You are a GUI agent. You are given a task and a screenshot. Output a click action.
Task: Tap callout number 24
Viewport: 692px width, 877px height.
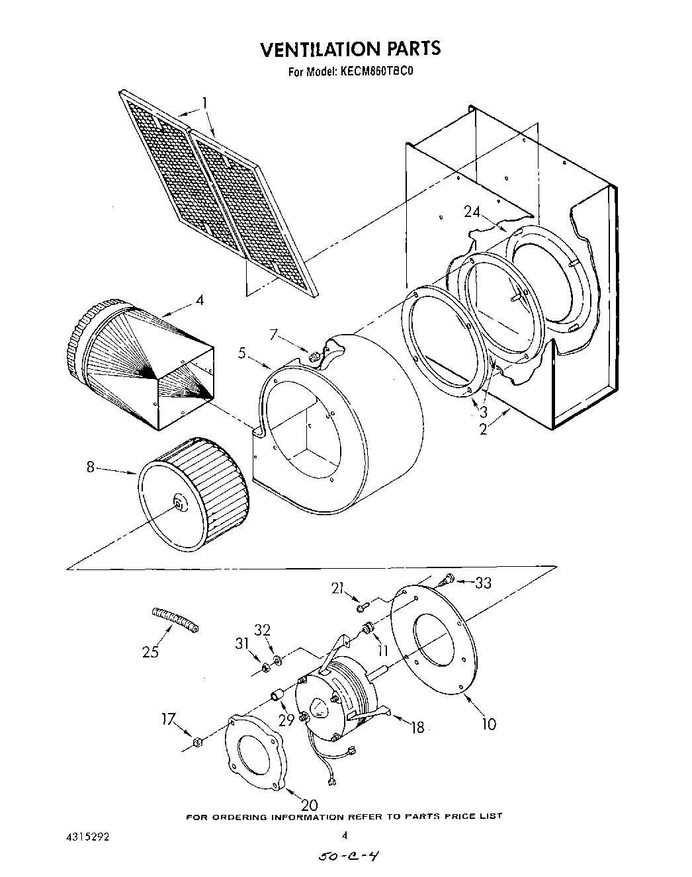[472, 212]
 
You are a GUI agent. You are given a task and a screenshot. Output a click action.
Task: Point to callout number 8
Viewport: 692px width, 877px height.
[91, 467]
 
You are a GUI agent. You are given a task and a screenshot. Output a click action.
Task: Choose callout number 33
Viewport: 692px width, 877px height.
[484, 583]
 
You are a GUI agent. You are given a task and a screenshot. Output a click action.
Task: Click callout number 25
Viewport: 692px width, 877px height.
[150, 651]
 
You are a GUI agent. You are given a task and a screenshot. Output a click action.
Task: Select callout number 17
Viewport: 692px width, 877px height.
[169, 718]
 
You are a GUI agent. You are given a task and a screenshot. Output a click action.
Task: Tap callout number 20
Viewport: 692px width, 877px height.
[309, 805]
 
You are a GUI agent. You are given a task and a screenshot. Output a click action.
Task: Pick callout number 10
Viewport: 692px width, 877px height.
[488, 724]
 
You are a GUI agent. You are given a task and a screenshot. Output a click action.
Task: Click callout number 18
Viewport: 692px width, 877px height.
[417, 728]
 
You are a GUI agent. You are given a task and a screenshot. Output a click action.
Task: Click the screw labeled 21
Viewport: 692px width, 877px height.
[361, 606]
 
